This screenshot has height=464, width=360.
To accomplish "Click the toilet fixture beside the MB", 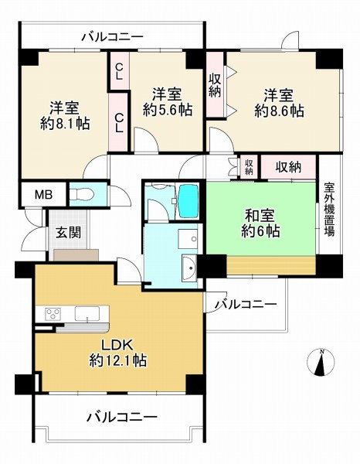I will pos(84,193).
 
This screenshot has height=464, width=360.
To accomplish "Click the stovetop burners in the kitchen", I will pos(53,313).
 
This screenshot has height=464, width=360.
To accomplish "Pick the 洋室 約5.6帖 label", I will pos(167,102).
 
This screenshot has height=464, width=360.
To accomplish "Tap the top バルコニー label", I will pos(112,36).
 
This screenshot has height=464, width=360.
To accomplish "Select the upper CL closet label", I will pos(120,71).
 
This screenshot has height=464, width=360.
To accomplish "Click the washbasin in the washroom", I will pos(189,268).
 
